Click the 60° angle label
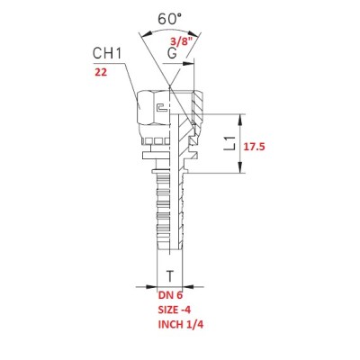[169, 19]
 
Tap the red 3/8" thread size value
[181, 40]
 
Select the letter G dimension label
[172, 54]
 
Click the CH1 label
[107, 54]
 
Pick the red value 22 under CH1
[101, 72]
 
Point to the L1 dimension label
[230, 143]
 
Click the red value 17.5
[254, 147]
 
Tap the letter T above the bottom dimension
[170, 276]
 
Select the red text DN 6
[170, 295]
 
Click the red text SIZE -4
[175, 310]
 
